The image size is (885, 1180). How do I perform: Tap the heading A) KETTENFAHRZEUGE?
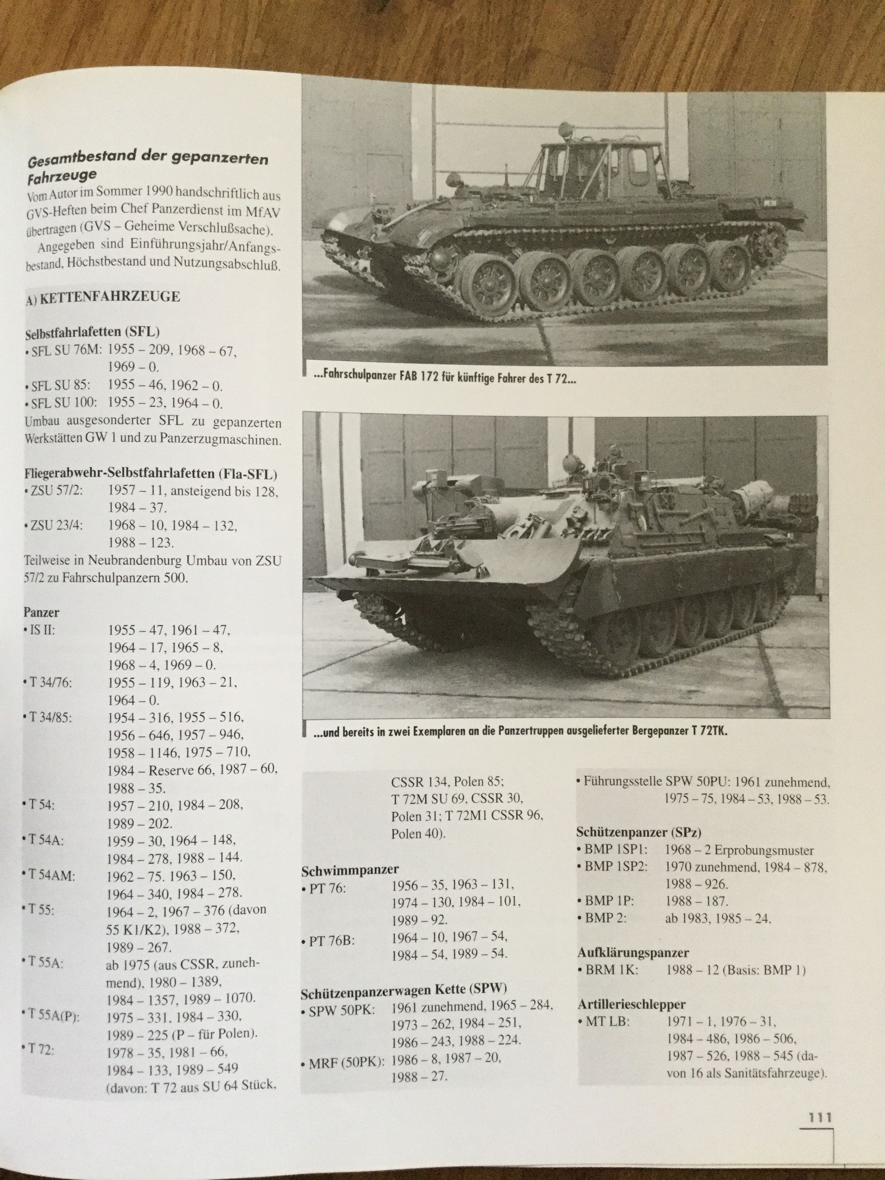click(x=103, y=297)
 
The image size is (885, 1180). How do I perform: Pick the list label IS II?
click(x=41, y=629)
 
